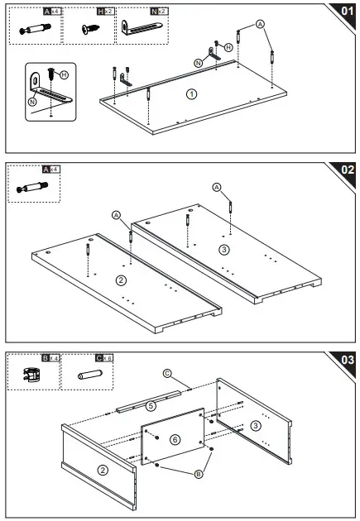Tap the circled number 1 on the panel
pyautogui.click(x=192, y=94)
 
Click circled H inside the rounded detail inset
pyautogui.click(x=64, y=74)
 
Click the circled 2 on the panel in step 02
pyautogui.click(x=122, y=280)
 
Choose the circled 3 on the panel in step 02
pyautogui.click(x=223, y=249)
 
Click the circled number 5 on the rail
pyautogui.click(x=151, y=406)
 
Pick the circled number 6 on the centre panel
pyautogui.click(x=175, y=439)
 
